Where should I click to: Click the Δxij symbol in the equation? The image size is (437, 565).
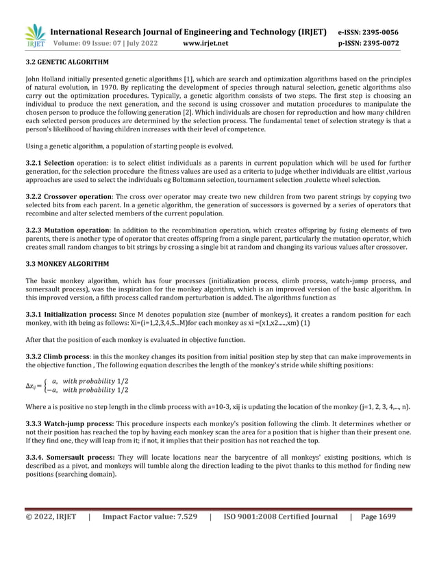[32, 386]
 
